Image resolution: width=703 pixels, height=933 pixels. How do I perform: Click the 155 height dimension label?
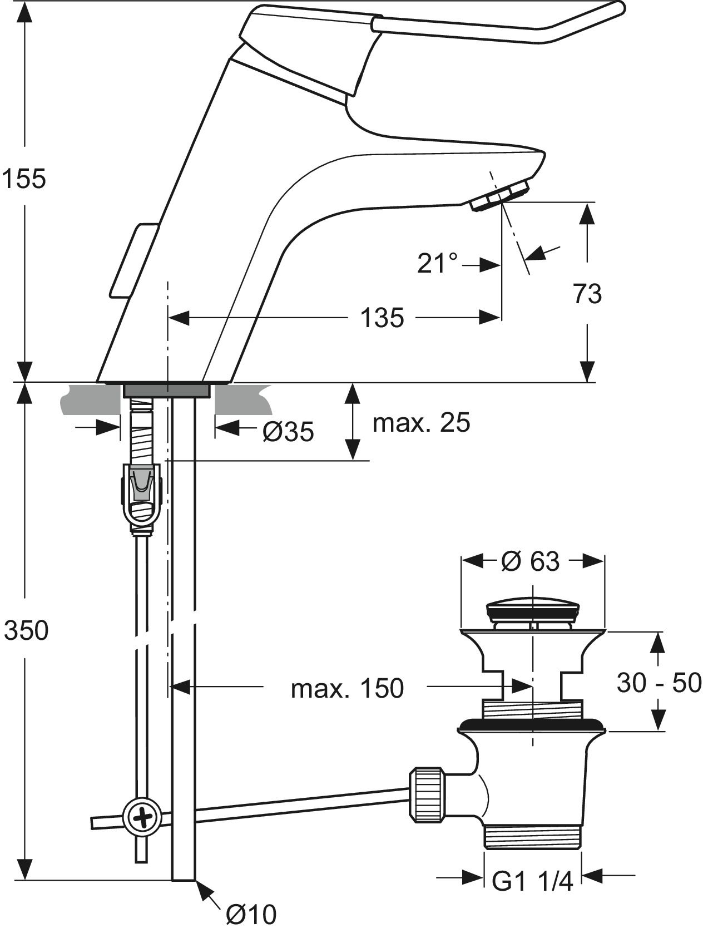point(23,179)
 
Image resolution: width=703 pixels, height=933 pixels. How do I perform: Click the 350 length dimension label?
point(26,630)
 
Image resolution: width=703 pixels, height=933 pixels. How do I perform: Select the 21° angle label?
point(438,264)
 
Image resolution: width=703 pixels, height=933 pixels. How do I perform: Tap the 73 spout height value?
point(587,294)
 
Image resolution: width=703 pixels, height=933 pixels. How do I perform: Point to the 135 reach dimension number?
point(382,318)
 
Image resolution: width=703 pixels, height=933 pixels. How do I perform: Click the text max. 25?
point(421,423)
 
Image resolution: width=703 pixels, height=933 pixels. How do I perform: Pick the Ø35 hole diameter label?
point(288,432)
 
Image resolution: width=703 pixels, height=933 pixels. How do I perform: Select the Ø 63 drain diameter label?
point(530,561)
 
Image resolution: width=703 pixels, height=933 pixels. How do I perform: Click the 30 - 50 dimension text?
point(659,683)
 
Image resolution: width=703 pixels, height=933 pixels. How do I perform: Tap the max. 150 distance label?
point(347,689)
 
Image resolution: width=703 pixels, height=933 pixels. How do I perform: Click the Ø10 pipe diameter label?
point(251,914)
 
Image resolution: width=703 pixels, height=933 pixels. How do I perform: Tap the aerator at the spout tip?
point(499,197)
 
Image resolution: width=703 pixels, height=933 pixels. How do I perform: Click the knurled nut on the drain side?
point(427,793)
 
